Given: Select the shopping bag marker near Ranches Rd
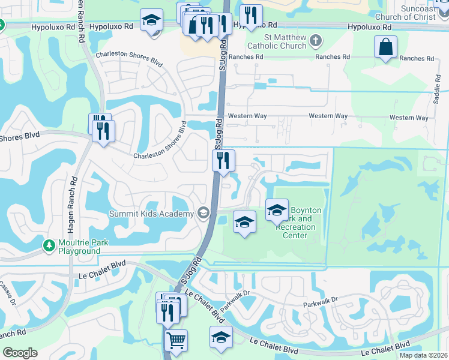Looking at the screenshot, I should click(x=385, y=47).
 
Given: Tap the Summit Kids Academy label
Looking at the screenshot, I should click(x=151, y=214).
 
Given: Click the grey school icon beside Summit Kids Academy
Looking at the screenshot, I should click(x=203, y=213).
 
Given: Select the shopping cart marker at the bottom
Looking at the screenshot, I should click(x=176, y=341).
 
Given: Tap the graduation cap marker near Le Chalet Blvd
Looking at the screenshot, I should click(x=221, y=337).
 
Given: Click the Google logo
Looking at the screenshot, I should click(x=20, y=352).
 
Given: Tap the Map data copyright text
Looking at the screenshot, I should click(x=423, y=355).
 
